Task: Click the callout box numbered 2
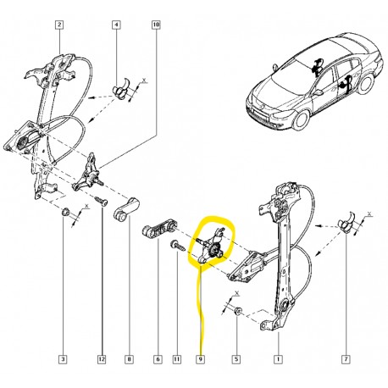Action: (x=59, y=25)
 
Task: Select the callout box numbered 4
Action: (x=116, y=25)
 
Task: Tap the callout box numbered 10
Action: (x=156, y=25)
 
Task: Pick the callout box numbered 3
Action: (x=63, y=359)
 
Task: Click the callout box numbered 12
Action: (x=102, y=359)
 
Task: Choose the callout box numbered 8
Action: (x=129, y=359)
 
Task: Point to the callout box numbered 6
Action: (x=158, y=359)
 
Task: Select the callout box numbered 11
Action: (x=176, y=359)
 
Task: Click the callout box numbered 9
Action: (x=200, y=359)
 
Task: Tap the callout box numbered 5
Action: (x=236, y=359)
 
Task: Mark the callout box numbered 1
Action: (x=278, y=359)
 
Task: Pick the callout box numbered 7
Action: (x=346, y=359)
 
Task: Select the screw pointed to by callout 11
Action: (x=178, y=245)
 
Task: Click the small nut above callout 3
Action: (x=66, y=212)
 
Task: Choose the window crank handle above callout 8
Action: (x=126, y=209)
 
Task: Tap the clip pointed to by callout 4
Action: (x=121, y=88)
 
